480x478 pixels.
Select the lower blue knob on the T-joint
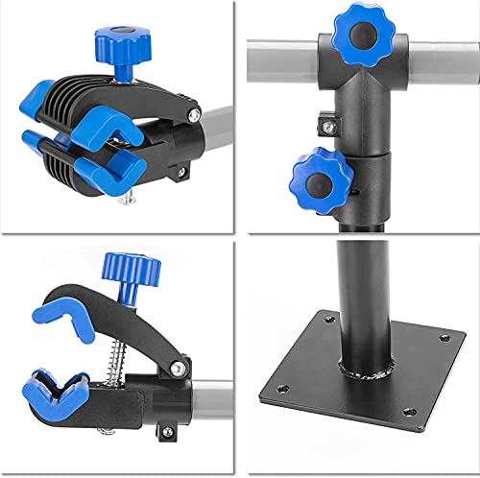(319, 176)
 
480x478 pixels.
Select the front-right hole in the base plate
(410, 411)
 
